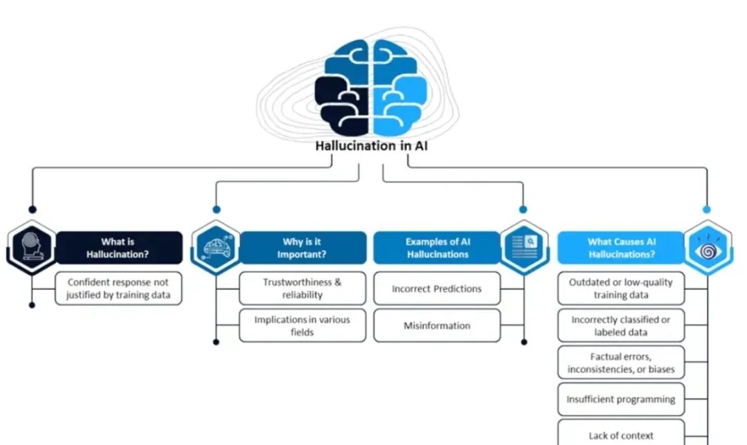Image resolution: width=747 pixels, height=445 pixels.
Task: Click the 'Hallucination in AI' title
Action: point(376,146)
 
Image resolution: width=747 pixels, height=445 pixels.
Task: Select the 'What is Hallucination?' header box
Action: point(118,248)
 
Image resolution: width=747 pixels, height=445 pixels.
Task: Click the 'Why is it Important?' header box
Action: point(303,248)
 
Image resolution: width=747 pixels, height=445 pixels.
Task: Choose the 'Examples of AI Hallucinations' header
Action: point(437,248)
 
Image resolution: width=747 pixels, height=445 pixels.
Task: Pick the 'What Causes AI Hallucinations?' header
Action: point(620,248)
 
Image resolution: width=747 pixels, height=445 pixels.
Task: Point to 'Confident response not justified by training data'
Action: point(118,289)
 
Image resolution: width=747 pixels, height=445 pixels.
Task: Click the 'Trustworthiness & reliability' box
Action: point(303,289)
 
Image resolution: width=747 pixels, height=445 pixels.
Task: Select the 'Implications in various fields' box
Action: point(303,325)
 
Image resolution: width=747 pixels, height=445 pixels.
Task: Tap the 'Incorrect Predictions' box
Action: point(437,289)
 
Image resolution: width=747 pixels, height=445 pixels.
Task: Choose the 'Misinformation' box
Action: point(437,325)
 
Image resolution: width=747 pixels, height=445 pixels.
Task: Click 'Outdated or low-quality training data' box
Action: point(620,289)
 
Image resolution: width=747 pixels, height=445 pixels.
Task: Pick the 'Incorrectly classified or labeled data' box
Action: point(620,325)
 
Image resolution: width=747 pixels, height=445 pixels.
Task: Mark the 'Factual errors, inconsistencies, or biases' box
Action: point(620,363)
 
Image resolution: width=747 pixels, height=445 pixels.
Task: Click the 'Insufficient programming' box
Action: point(620,399)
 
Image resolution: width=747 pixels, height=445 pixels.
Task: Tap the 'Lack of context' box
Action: point(620,434)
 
